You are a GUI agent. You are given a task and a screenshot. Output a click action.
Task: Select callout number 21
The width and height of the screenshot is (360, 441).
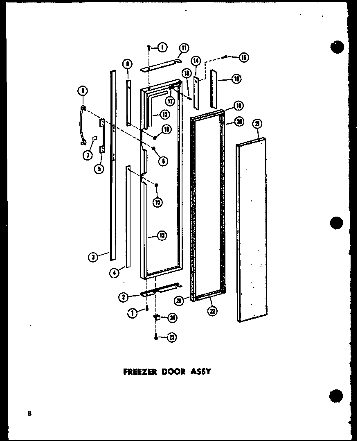coord(258,124)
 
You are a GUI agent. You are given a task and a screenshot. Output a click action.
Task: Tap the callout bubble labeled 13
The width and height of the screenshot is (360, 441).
coord(162,236)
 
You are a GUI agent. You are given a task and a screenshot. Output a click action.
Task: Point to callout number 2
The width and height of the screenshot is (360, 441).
coord(123,298)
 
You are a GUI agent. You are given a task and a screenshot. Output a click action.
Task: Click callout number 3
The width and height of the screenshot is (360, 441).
coord(94,257)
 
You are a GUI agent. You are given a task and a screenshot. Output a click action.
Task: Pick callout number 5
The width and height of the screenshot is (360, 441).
coord(98,168)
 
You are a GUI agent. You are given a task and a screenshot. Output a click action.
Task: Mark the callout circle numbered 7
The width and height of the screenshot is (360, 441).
coord(87,155)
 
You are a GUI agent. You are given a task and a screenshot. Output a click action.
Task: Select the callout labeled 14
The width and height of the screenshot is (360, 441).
coord(196,61)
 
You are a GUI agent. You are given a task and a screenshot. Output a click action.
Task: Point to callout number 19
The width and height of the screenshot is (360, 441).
coord(239,106)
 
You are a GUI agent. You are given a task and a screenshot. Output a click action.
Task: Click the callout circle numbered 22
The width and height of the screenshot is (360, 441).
coord(213,311)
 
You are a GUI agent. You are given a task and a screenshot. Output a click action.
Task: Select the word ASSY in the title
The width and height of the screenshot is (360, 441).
coord(200,372)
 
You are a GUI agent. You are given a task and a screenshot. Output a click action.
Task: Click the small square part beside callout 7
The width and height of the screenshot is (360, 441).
coord(94,138)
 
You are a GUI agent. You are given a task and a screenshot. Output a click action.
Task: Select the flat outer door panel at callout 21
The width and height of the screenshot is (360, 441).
coord(252,229)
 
